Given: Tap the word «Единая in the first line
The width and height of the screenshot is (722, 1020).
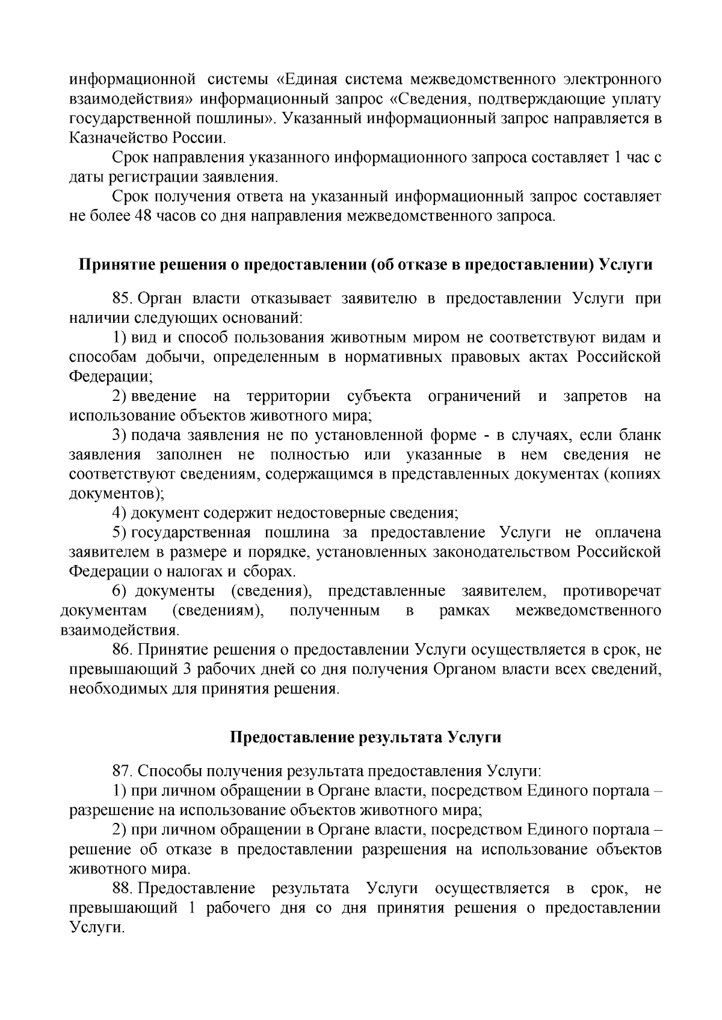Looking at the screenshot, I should pos(306,80).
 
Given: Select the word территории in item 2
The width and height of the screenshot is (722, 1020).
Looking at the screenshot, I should pos(288,396).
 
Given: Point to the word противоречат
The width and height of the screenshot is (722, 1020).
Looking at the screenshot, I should pos(611,591).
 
